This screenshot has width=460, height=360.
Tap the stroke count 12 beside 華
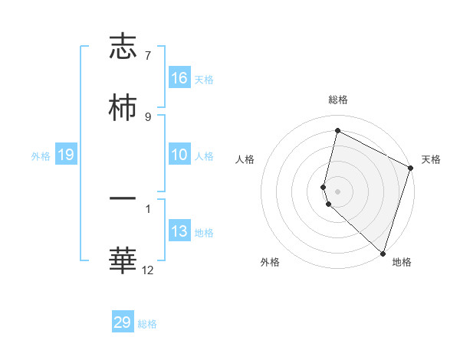[148, 270]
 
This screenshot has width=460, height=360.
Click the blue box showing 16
[179, 77]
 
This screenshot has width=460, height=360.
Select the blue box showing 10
[179, 155]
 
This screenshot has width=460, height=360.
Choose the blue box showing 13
[179, 231]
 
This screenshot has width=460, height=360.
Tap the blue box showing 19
[66, 155]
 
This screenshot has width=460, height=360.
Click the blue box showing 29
[123, 322]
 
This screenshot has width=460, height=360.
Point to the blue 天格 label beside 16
[204, 79]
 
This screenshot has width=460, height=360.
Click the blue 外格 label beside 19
[41, 155]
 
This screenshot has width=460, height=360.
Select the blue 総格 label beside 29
[147, 324]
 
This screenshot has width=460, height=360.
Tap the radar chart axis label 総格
[338, 100]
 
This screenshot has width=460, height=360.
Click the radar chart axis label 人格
[245, 159]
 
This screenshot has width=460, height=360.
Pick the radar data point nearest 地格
[383, 253]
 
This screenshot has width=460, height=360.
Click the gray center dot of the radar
[338, 190]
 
